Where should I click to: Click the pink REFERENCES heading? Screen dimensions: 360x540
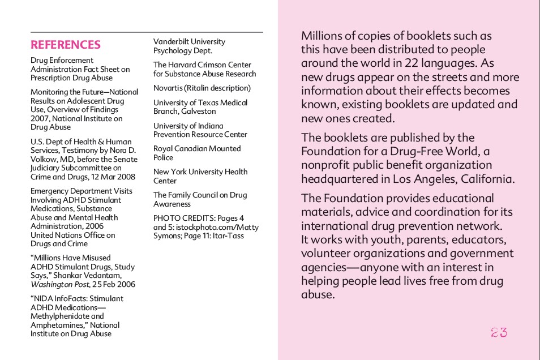66,45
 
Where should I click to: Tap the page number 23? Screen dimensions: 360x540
499,333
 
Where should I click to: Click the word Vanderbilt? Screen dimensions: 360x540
170,42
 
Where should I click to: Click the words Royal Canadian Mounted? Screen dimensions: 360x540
197,149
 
